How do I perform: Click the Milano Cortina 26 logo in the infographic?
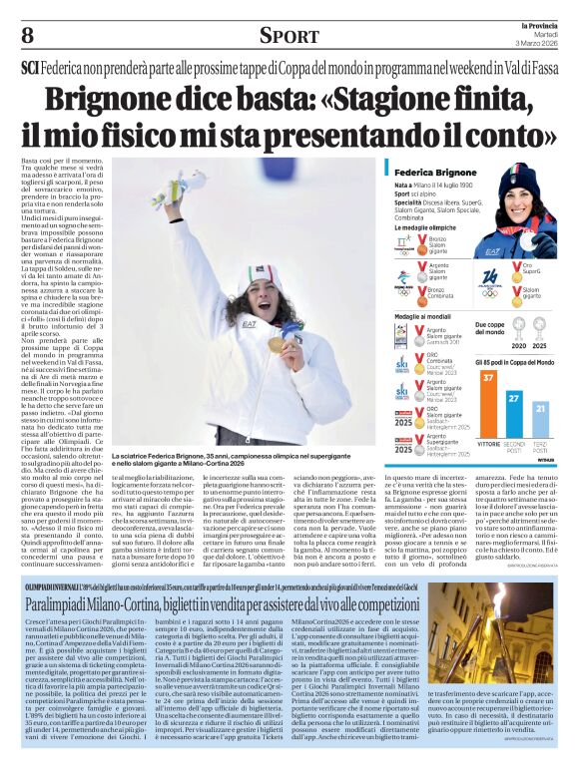click(489, 278)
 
